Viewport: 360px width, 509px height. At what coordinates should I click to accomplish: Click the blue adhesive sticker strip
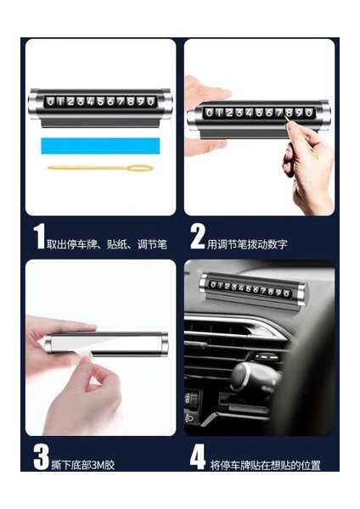[100, 146]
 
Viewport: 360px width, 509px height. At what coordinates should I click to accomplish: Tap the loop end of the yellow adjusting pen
[140, 168]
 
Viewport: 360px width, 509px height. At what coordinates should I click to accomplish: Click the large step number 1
[39, 237]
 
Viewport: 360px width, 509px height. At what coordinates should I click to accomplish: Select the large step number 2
[197, 237]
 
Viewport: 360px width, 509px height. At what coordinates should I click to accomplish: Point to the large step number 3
[42, 457]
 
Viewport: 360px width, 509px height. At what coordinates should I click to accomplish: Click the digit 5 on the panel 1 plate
[100, 102]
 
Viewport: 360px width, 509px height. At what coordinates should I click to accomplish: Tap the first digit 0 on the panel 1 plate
[50, 102]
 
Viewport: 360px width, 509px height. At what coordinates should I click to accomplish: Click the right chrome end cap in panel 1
[165, 103]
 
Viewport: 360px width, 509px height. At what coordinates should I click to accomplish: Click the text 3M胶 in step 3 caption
[103, 465]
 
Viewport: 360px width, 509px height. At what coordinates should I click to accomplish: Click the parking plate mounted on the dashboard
[252, 290]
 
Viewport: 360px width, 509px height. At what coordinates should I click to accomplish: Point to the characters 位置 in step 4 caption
[311, 465]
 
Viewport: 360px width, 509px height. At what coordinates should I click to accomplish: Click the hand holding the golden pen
[307, 162]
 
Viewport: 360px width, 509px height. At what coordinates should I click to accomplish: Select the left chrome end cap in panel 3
[48, 344]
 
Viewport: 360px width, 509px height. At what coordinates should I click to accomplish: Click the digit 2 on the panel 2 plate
[229, 113]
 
